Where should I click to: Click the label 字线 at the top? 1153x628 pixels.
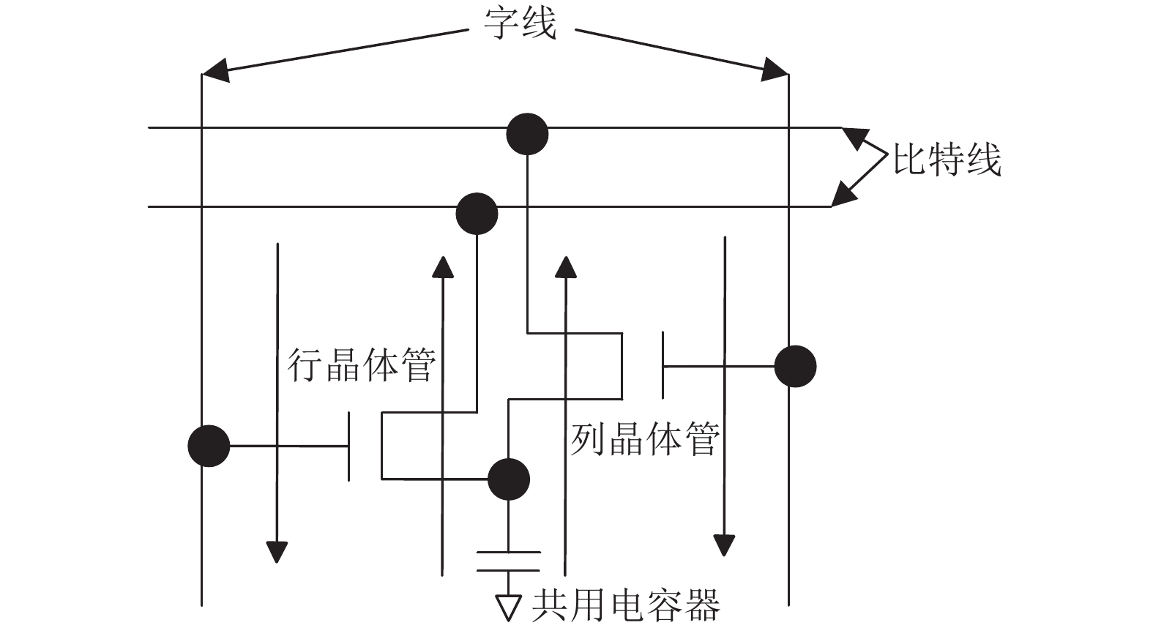[x=520, y=23]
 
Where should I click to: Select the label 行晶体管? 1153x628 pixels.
[x=362, y=365]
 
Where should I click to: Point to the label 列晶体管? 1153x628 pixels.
[x=645, y=439]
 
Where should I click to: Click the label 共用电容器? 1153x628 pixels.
[x=626, y=605]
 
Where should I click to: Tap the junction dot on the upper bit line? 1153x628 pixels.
[x=527, y=134]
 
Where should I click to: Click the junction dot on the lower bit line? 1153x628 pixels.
[x=477, y=214]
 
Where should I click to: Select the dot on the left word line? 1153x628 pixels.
[x=209, y=446]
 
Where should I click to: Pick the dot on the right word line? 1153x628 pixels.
[x=795, y=366]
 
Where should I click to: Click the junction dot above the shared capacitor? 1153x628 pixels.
[x=509, y=479]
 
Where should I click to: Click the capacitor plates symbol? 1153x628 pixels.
[x=509, y=561]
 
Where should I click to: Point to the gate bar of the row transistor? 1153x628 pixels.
[x=349, y=446]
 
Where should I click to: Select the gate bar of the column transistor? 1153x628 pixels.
[x=663, y=365]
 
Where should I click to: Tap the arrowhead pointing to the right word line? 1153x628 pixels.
[x=775, y=70]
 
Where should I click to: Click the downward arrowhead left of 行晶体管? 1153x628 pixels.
[x=277, y=553]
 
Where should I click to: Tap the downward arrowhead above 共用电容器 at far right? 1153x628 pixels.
[x=724, y=545]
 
